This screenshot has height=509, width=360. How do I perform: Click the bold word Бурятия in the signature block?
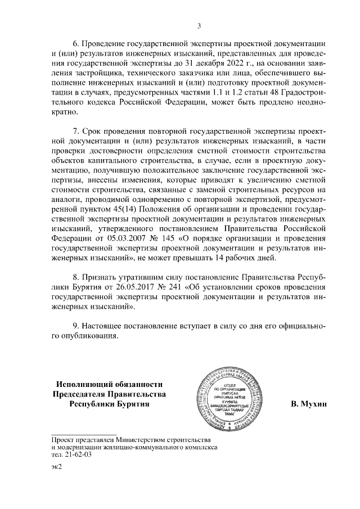tap(131, 404)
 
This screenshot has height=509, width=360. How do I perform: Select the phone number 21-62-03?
tap(67, 455)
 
